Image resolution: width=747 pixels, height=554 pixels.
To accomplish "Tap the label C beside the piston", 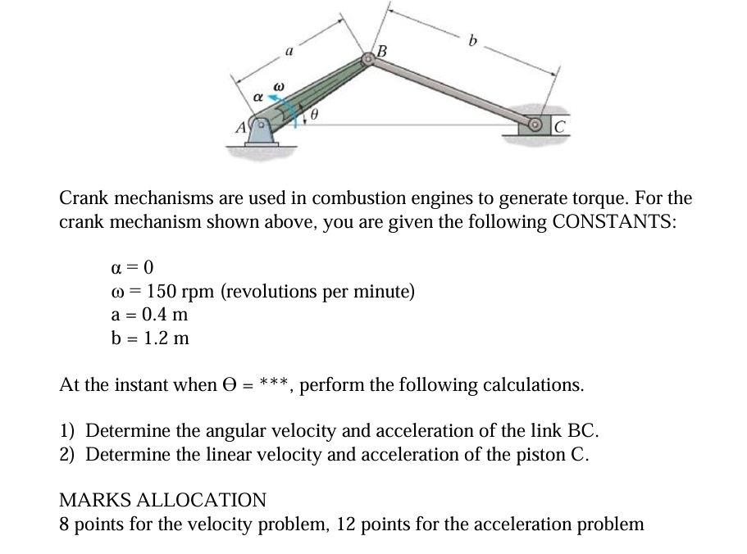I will point(559,125).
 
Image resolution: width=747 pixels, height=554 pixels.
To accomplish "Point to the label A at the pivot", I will point(240,127).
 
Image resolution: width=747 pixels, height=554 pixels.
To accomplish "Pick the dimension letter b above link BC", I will point(472,39).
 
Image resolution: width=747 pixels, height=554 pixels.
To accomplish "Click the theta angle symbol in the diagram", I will point(313,116).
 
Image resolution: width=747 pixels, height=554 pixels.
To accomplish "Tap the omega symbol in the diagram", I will point(278,84).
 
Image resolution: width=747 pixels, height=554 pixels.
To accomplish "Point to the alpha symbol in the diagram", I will point(257,97).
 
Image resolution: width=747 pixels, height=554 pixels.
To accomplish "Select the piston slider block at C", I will point(534,125).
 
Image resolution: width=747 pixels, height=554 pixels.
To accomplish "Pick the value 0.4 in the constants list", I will point(156,314).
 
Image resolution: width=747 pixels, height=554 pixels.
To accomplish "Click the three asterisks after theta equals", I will point(272,384).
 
